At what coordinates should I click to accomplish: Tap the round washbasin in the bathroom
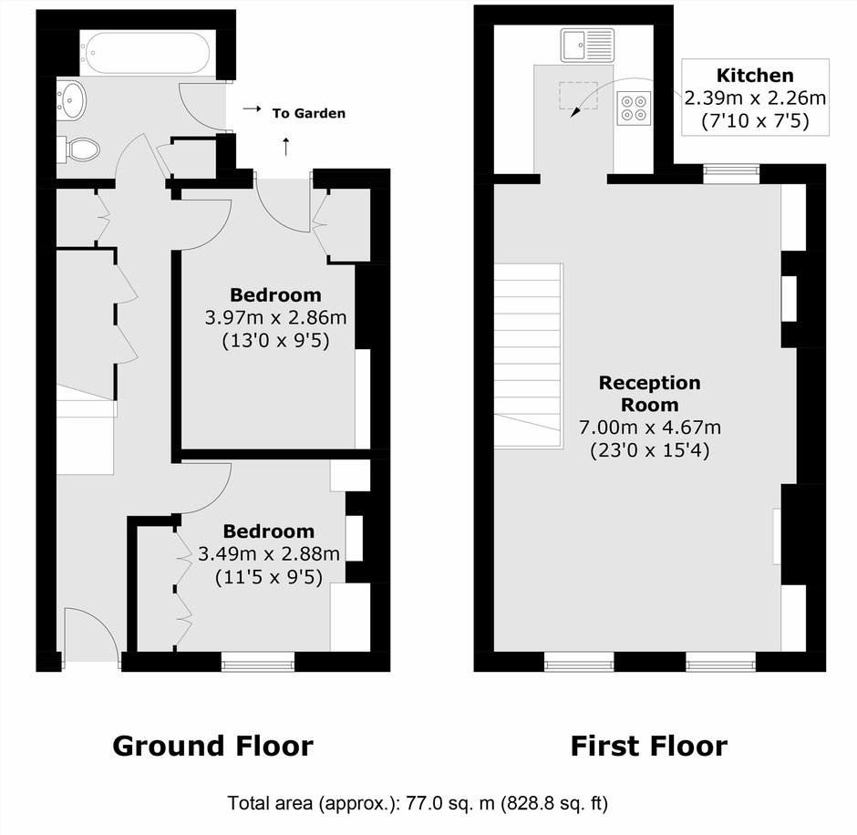click(71, 99)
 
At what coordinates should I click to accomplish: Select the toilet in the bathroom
click(78, 149)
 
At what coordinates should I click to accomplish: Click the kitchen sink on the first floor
click(587, 45)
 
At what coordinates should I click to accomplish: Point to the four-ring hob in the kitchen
click(634, 108)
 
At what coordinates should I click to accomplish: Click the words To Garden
click(309, 113)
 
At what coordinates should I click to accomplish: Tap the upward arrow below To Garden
click(285, 147)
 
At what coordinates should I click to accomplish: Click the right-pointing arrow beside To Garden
click(252, 108)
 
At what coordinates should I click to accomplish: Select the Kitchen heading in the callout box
click(755, 75)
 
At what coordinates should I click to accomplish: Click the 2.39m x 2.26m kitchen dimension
click(755, 98)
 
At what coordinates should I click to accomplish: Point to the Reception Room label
click(649, 394)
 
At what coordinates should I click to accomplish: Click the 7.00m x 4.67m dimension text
click(649, 427)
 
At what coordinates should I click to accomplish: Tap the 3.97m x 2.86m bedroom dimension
click(275, 317)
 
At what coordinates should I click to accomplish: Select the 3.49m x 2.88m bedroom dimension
click(268, 554)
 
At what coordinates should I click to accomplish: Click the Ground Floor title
click(212, 746)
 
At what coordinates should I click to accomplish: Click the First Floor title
click(649, 746)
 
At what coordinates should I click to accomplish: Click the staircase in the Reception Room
click(529, 356)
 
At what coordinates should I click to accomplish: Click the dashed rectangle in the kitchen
click(578, 95)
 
